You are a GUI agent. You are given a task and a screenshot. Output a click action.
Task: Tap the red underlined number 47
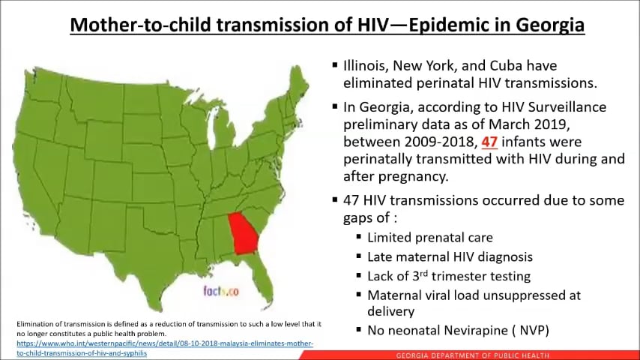pyautogui.click(x=489, y=141)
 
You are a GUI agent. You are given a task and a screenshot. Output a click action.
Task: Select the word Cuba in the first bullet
pyautogui.click(x=490, y=66)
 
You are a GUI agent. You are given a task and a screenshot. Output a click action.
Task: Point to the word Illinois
pyautogui.click(x=367, y=66)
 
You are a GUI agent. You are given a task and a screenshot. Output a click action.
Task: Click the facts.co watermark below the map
pyautogui.click(x=220, y=290)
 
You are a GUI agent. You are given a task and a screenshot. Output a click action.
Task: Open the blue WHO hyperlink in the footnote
pyautogui.click(x=165, y=344)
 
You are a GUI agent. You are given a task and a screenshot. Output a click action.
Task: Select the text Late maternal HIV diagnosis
pyautogui.click(x=450, y=256)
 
